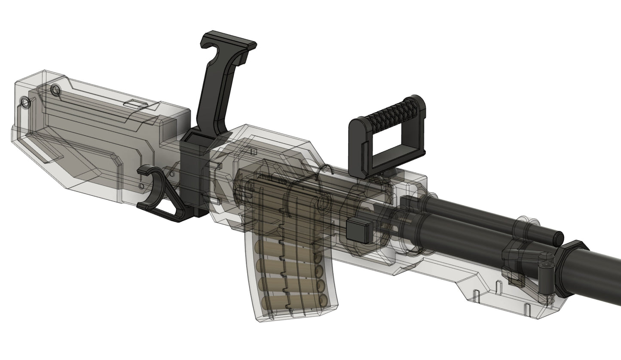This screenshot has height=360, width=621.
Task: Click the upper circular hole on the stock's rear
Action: (55, 90)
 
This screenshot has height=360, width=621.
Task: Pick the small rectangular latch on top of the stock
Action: (135, 104)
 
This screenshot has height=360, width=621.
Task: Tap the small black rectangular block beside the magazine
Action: (359, 230)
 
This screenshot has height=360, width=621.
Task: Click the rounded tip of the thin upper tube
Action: (557, 236)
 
